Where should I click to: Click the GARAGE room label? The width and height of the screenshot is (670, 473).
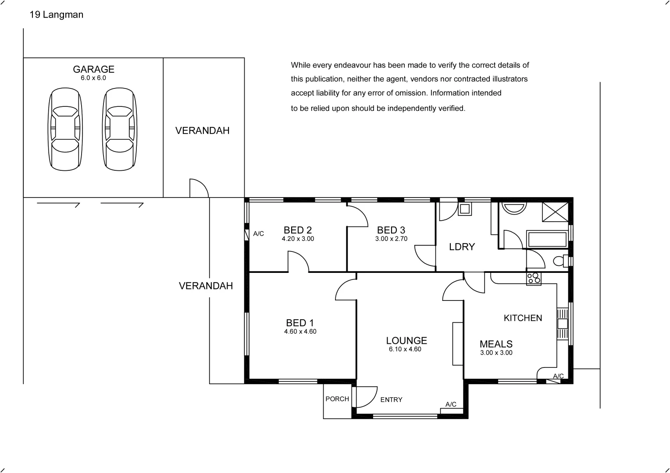tap(94, 69)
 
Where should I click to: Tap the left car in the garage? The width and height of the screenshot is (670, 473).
tap(65, 129)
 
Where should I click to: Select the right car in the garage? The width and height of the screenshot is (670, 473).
tap(120, 129)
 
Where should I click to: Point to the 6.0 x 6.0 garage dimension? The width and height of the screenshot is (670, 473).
tap(93, 78)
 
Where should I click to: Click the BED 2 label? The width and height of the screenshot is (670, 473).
tap(298, 230)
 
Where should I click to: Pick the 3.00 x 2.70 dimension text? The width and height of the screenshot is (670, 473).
tap(391, 239)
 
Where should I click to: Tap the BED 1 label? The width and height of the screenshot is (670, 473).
tap(300, 323)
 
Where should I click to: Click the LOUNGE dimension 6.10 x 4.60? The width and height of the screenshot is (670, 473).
tap(405, 349)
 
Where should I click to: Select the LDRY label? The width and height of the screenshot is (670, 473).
tap(462, 247)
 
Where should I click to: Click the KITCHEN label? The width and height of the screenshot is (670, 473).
tap(523, 318)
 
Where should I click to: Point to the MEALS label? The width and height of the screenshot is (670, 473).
tap(496, 344)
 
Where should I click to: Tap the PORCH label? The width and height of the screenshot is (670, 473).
tap(337, 399)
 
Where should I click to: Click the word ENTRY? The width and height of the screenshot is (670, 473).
tap(391, 400)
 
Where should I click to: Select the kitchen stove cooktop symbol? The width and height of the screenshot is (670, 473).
tap(534, 279)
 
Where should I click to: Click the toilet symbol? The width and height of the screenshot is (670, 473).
tap(561, 261)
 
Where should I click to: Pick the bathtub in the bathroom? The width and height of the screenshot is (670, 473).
tap(547, 239)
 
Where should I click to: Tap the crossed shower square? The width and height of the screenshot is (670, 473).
tap(555, 212)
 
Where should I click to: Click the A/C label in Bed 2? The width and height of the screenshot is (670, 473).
tap(258, 234)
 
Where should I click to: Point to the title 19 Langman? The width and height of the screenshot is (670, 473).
tap(56, 14)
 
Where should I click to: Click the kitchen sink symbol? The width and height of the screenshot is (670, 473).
tap(563, 324)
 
